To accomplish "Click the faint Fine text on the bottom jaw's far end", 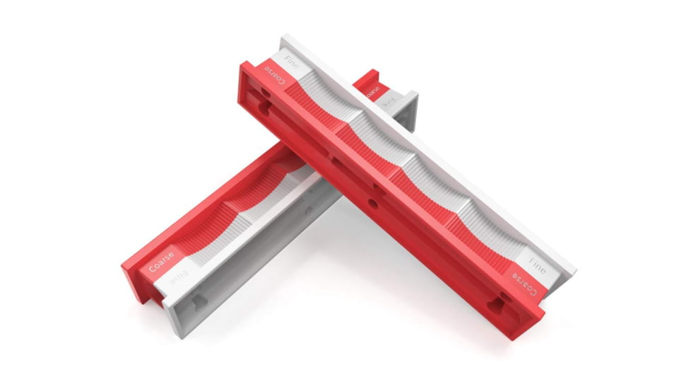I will [x=388, y=100].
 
